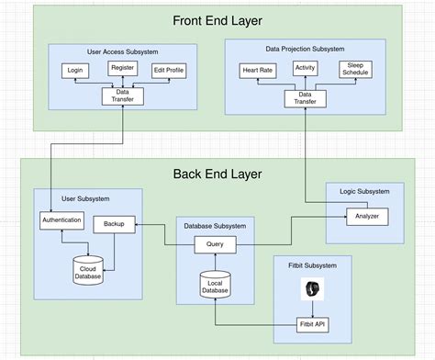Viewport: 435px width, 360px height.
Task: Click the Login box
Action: [x=74, y=71]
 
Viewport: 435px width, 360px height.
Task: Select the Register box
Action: [x=122, y=67]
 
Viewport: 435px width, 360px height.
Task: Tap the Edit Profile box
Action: [x=168, y=71]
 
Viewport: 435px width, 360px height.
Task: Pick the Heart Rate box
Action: [x=256, y=71]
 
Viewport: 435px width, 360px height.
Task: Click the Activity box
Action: [x=306, y=68]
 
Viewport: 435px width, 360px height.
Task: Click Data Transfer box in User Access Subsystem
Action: [x=121, y=95]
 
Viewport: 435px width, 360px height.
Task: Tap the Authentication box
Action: [x=62, y=220]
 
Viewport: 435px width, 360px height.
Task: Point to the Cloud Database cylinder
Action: [x=88, y=269]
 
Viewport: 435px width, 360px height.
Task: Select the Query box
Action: [x=215, y=244]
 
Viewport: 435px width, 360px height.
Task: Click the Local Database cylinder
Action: [x=215, y=286]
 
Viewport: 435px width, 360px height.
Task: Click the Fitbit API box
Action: [x=313, y=325]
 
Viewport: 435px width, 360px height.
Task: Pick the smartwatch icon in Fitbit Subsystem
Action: [x=313, y=290]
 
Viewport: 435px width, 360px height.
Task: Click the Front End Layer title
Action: [x=217, y=20]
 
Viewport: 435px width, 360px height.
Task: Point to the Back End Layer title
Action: [x=217, y=174]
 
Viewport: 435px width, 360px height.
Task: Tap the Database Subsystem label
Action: [x=215, y=226]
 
